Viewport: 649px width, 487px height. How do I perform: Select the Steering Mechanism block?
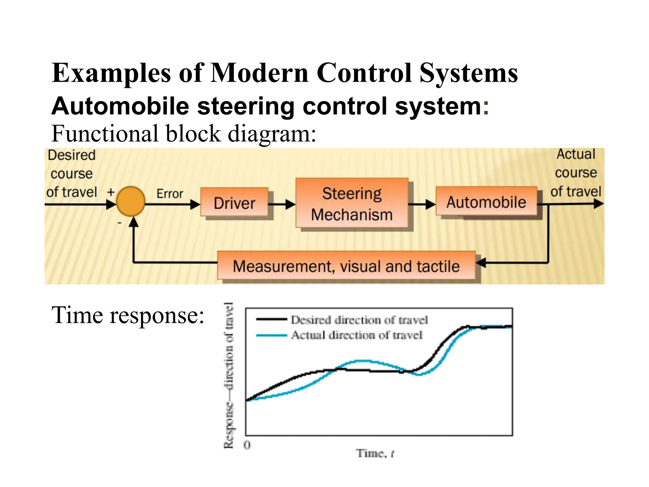point(352,203)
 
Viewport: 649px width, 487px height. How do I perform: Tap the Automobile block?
point(486,202)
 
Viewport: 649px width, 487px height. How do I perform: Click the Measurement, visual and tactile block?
point(346,266)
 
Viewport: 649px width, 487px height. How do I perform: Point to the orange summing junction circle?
point(131,201)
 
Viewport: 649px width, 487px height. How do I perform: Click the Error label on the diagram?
point(170,194)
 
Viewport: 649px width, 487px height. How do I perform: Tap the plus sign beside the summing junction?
point(111,192)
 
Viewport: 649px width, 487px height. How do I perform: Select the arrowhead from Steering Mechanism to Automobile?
point(430,204)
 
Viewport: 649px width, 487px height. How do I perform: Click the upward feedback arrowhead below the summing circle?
point(134,222)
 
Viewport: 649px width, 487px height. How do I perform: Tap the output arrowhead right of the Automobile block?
point(598,204)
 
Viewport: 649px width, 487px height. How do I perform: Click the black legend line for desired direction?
point(272,320)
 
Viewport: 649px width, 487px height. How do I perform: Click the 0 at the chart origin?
point(247,445)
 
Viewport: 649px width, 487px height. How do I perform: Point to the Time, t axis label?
point(375,453)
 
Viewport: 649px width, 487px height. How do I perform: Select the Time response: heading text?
point(128,315)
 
